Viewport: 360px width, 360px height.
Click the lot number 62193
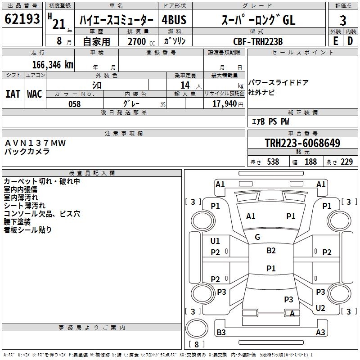tap(22, 18)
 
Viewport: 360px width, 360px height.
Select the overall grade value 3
tap(343, 20)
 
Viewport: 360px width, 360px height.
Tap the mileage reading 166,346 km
tap(53, 65)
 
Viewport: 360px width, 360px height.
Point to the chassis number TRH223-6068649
tap(302, 143)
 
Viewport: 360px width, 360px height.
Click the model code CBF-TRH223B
tap(258, 41)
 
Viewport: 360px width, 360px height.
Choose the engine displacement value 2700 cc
tap(141, 41)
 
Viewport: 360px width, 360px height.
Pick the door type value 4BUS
tap(174, 20)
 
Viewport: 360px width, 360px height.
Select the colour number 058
tap(75, 104)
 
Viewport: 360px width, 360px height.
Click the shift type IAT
tap(13, 94)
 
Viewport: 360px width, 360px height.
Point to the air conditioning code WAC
tap(35, 94)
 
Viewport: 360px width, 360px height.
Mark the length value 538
tap(273, 162)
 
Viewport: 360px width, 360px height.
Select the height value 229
tap(346, 162)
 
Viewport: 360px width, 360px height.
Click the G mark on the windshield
tap(257, 237)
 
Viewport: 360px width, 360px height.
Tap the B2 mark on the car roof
tap(271, 251)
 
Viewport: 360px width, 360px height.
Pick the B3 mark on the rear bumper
tap(221, 332)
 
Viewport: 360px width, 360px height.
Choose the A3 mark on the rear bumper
tap(320, 332)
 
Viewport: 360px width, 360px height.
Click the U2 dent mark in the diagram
tap(320, 308)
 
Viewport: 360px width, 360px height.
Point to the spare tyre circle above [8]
tap(197, 328)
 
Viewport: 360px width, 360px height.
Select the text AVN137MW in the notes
tap(35, 143)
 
